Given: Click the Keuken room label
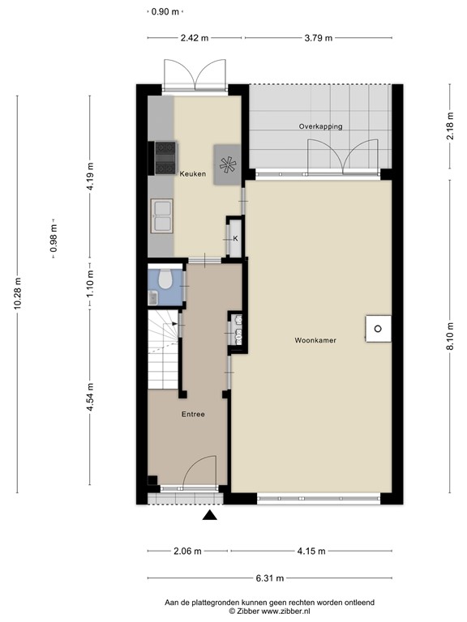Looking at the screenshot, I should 192,173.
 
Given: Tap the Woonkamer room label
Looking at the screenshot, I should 315,341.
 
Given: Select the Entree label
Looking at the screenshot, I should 192,414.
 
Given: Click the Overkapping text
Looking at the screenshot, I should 320,127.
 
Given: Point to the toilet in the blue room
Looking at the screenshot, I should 165,280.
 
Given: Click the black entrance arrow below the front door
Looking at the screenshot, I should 210,516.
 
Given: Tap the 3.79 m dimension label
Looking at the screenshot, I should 319,37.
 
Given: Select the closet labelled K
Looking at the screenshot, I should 234,238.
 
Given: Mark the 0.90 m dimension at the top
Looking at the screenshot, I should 165,12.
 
